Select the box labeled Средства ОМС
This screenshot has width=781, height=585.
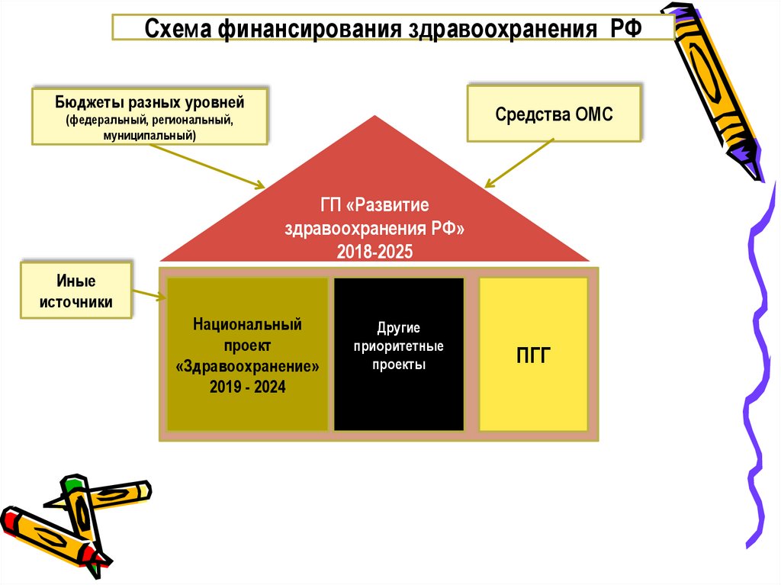[x=554, y=114]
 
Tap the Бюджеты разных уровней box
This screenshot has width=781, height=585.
[x=149, y=117]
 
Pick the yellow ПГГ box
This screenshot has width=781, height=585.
[x=533, y=355]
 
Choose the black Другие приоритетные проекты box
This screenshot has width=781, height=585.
[x=399, y=355]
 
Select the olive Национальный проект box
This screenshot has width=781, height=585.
[x=247, y=355]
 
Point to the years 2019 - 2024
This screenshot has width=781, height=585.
[x=247, y=387]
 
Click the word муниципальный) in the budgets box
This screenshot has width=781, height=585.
[x=149, y=135]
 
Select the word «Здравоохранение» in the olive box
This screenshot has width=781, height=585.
[x=247, y=367]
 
